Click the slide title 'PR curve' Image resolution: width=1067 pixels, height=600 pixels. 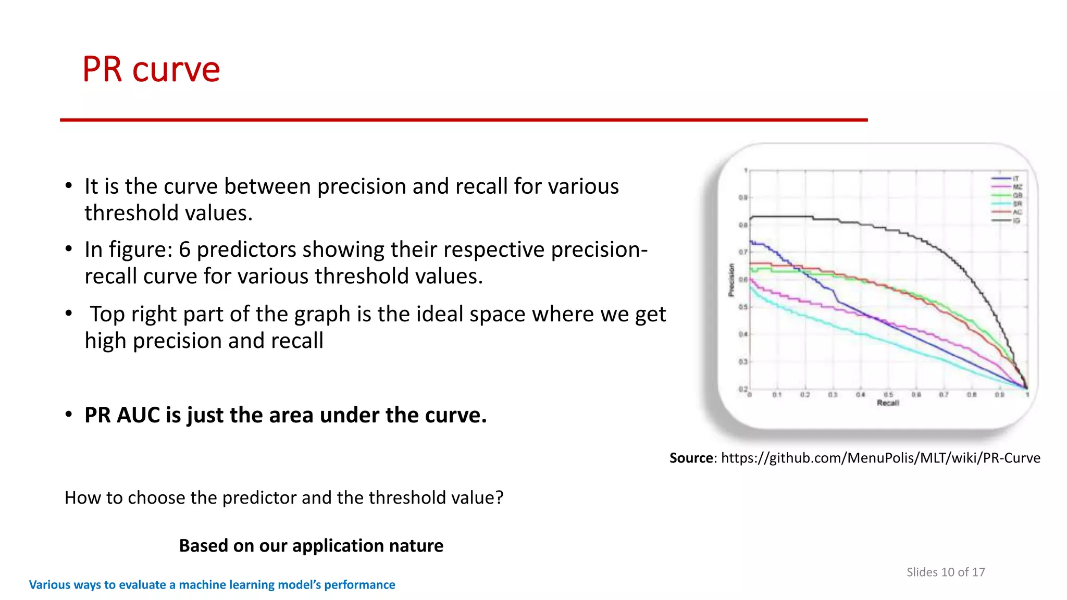click(x=151, y=69)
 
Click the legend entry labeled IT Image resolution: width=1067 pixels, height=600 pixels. click(x=1015, y=179)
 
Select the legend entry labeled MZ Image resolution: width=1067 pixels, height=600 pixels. click(x=1017, y=187)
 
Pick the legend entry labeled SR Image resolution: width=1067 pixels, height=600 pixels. click(x=1017, y=204)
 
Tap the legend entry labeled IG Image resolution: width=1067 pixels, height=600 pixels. click(x=1016, y=221)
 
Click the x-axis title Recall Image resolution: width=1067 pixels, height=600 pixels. click(x=888, y=403)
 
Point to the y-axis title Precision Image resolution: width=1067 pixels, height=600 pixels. click(x=731, y=280)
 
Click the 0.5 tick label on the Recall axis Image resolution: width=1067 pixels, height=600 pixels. click(x=888, y=395)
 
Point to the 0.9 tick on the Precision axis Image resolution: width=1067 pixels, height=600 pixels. click(x=743, y=197)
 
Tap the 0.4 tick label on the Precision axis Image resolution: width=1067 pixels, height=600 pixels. click(x=743, y=334)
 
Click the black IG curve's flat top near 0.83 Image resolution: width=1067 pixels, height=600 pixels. click(x=781, y=216)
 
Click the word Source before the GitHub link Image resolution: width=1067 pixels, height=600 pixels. click(x=691, y=458)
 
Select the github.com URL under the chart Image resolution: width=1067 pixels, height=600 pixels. click(x=880, y=458)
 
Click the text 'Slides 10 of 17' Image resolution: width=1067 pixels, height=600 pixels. click(x=945, y=572)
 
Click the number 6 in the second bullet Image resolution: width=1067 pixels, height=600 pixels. click(x=184, y=249)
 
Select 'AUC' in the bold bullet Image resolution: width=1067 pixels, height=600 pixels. click(x=138, y=415)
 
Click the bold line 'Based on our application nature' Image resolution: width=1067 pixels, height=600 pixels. click(x=311, y=545)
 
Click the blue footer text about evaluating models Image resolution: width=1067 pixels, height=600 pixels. click(x=212, y=584)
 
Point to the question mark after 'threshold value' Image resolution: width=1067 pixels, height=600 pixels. click(x=500, y=497)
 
